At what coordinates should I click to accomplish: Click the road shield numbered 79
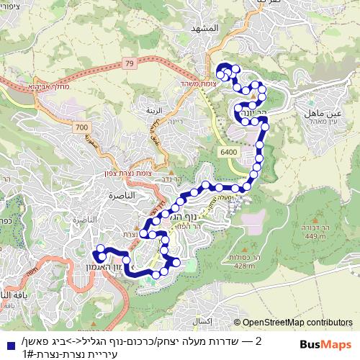(129, 64)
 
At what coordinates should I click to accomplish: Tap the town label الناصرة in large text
(125, 195)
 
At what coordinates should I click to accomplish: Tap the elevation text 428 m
(245, 266)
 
